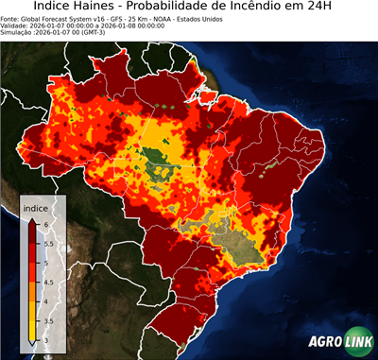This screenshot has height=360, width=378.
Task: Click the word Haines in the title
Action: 100,9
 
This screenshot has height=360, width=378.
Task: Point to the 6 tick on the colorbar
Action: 45,221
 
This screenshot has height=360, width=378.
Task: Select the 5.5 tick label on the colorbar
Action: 48,241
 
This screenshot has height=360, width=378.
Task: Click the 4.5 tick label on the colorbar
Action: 48,282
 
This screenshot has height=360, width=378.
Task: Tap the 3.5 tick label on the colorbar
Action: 48,321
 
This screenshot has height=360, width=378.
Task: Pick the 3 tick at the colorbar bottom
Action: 45,341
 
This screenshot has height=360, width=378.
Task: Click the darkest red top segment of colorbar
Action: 31,227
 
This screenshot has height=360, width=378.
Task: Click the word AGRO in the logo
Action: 325,341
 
